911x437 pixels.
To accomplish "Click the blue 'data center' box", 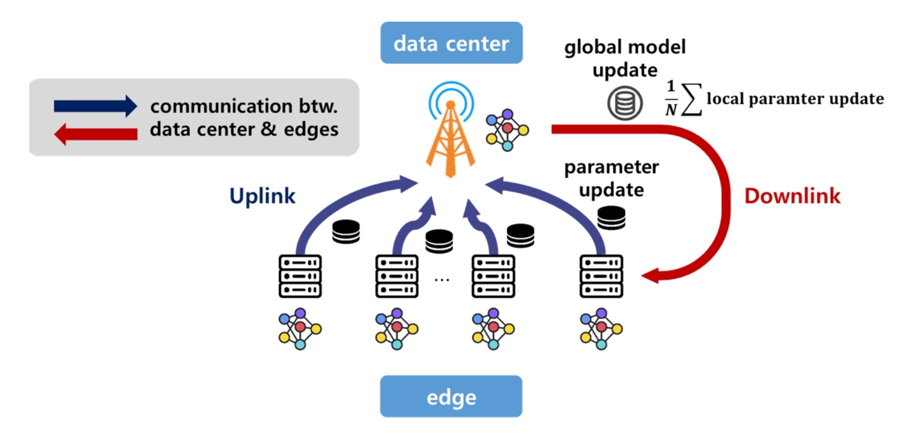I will (451, 43).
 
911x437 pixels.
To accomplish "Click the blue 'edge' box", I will (451, 397).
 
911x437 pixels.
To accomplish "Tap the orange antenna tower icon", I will (450, 136).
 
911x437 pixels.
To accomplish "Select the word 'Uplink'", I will (262, 196).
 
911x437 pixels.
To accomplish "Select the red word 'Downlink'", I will (792, 196).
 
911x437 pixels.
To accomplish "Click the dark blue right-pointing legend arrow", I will (95, 106).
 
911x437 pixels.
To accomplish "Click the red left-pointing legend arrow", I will (95, 134).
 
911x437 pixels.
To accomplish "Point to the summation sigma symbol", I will (691, 99).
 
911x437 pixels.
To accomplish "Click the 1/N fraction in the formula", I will (671, 98).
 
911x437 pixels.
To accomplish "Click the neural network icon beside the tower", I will (507, 130).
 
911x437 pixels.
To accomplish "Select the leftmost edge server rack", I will (300, 276).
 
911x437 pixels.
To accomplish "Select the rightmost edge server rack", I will (601, 276).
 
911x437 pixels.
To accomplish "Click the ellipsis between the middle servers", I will (442, 279).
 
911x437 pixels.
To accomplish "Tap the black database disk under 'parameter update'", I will (611, 218).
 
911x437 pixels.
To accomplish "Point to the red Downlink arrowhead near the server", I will (651, 276).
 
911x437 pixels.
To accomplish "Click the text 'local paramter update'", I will (795, 99).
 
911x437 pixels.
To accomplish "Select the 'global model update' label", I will (625, 58).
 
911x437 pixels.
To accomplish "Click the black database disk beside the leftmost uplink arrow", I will (346, 232).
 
